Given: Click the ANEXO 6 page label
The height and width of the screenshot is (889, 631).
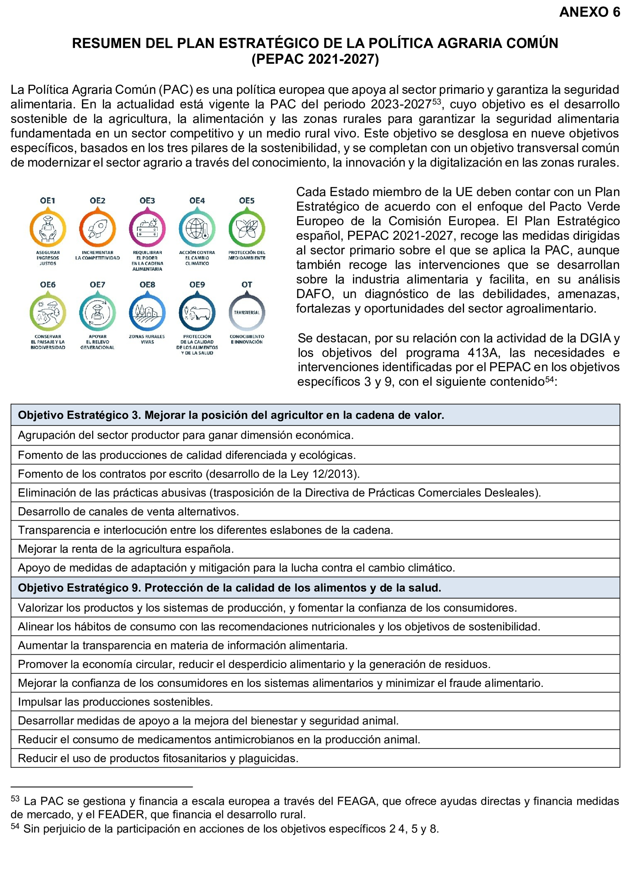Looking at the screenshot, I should pyautogui.click(x=589, y=12).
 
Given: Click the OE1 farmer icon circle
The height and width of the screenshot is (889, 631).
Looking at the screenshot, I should pyautogui.click(x=48, y=229).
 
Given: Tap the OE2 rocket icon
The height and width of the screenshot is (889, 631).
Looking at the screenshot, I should pyautogui.click(x=97, y=229).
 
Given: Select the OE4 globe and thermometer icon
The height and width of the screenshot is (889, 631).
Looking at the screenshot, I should pyautogui.click(x=197, y=229).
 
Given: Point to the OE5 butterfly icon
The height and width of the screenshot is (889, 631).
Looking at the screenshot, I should pyautogui.click(x=247, y=229).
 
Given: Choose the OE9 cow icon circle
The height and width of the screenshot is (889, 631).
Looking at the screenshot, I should pyautogui.click(x=197, y=313).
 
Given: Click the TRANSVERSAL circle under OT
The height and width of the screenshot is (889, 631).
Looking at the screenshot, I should pyautogui.click(x=247, y=313).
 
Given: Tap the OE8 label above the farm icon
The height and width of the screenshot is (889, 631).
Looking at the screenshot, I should pyautogui.click(x=147, y=285).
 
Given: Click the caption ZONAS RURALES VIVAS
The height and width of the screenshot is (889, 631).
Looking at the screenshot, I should pyautogui.click(x=147, y=339).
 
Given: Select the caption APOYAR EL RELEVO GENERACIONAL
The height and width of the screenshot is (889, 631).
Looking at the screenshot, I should pyautogui.click(x=97, y=342).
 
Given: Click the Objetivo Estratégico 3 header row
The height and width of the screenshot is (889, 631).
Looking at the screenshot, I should pyautogui.click(x=231, y=415).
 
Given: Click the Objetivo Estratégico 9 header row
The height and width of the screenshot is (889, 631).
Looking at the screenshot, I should pyautogui.click(x=229, y=588).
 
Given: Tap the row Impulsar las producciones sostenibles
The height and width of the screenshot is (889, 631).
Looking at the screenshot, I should pyautogui.click(x=115, y=702).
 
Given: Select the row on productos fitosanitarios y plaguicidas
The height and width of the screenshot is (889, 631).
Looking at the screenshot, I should pyautogui.click(x=158, y=758).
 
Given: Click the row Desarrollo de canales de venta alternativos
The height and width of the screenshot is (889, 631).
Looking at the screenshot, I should pyautogui.click(x=128, y=511).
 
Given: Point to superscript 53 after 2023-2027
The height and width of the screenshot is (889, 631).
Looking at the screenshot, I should pyautogui.click(x=436, y=102).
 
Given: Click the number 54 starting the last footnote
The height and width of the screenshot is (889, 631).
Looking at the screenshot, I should pyautogui.click(x=15, y=826).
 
